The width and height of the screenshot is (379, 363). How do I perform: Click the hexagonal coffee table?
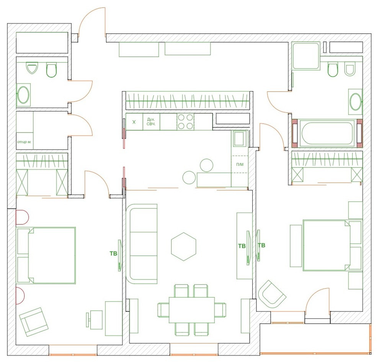(184, 247)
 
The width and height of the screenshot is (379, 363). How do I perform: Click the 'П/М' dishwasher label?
(240, 164)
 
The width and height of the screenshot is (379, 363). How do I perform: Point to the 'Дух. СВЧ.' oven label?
(151, 122)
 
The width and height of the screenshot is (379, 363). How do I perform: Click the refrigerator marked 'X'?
(134, 122)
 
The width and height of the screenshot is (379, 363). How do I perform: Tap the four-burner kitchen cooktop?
(186, 122)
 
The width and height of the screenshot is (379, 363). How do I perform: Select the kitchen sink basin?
(240, 139)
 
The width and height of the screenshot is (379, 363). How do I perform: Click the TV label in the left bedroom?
(113, 253)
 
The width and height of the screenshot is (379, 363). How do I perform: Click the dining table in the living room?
(192, 310)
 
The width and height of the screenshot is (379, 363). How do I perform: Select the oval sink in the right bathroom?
(355, 102)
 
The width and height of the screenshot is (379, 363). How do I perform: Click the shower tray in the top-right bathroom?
(306, 56)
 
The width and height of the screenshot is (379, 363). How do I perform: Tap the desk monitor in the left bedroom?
(88, 317)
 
